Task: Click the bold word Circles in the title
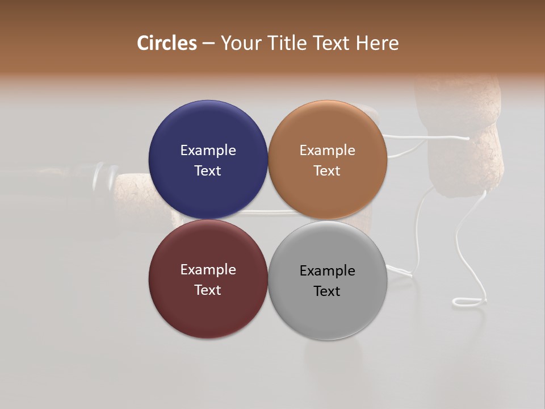click(x=167, y=43)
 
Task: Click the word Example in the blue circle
click(x=208, y=151)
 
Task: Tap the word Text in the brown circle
click(x=327, y=171)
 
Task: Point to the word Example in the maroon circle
click(x=208, y=270)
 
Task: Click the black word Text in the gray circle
click(x=327, y=291)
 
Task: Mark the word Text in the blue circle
click(x=208, y=171)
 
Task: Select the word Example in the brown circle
click(x=327, y=151)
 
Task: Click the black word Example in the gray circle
click(x=327, y=271)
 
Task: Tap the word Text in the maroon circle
click(x=208, y=290)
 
